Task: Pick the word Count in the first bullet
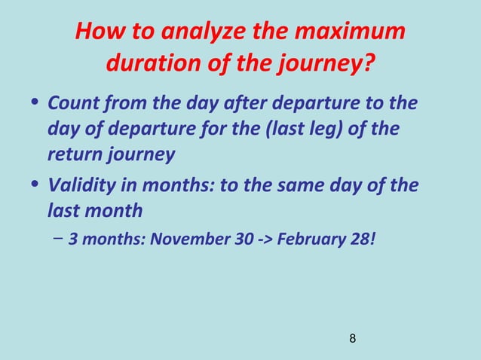72,102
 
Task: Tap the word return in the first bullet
74,154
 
